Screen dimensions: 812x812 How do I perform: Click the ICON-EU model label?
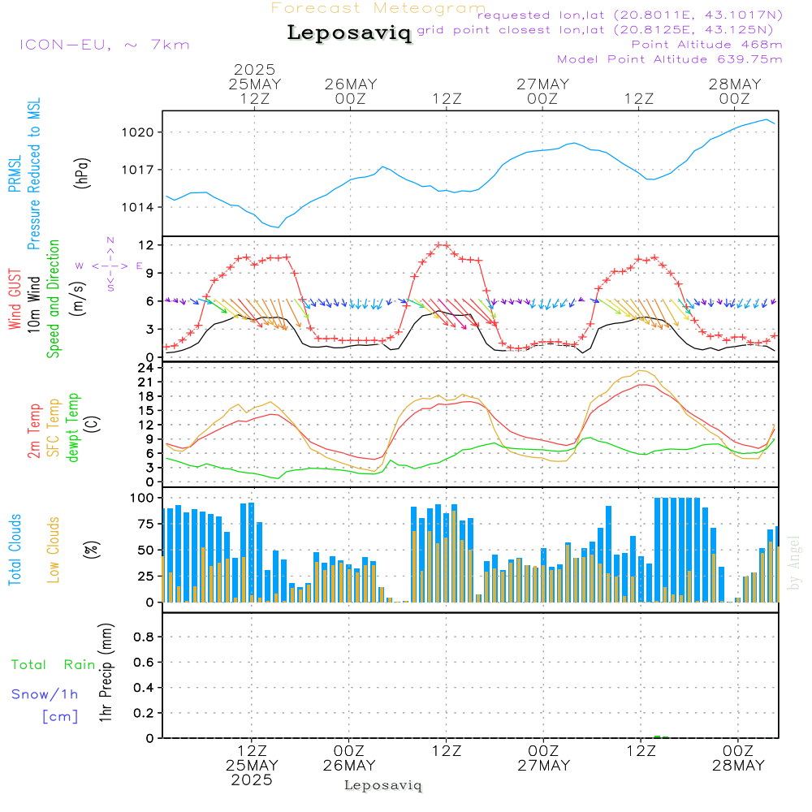pos(104,44)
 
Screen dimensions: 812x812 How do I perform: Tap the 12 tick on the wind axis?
pos(148,244)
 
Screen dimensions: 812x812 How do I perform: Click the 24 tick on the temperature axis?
pos(148,367)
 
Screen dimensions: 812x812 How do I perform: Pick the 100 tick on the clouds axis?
pos(143,497)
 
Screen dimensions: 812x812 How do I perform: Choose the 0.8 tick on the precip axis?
pos(145,637)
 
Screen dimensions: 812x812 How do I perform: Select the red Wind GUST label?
pos(15,300)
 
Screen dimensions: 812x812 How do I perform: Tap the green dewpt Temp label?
pos(74,428)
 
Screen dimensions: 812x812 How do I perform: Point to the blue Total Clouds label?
pos(15,549)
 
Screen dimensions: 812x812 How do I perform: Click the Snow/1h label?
pos(45,694)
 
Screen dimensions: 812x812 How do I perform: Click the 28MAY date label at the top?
pos(734,84)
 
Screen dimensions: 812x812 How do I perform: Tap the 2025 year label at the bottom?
pos(252,780)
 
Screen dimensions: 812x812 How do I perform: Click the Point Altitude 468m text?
pos(706,44)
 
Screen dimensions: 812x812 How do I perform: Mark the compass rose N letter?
pos(110,240)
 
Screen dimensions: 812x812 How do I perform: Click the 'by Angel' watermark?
pos(795,563)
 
